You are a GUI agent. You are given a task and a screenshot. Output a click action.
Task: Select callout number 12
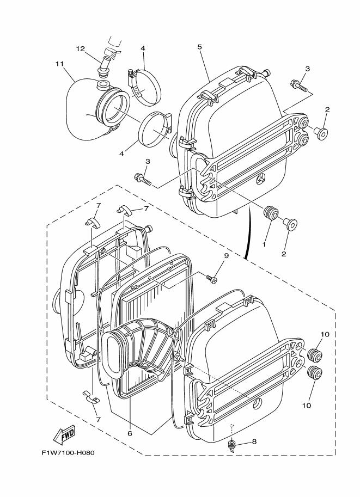click(80, 49)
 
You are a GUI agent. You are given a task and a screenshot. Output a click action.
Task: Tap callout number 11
click(60, 64)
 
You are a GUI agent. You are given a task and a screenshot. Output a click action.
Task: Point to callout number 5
click(200, 47)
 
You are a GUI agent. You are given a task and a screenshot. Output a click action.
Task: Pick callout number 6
click(130, 434)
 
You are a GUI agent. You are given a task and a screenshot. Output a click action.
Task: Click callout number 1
click(264, 245)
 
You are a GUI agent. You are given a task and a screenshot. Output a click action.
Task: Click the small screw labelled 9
click(212, 279)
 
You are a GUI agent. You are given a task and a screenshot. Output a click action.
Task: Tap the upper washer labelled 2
click(322, 132)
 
